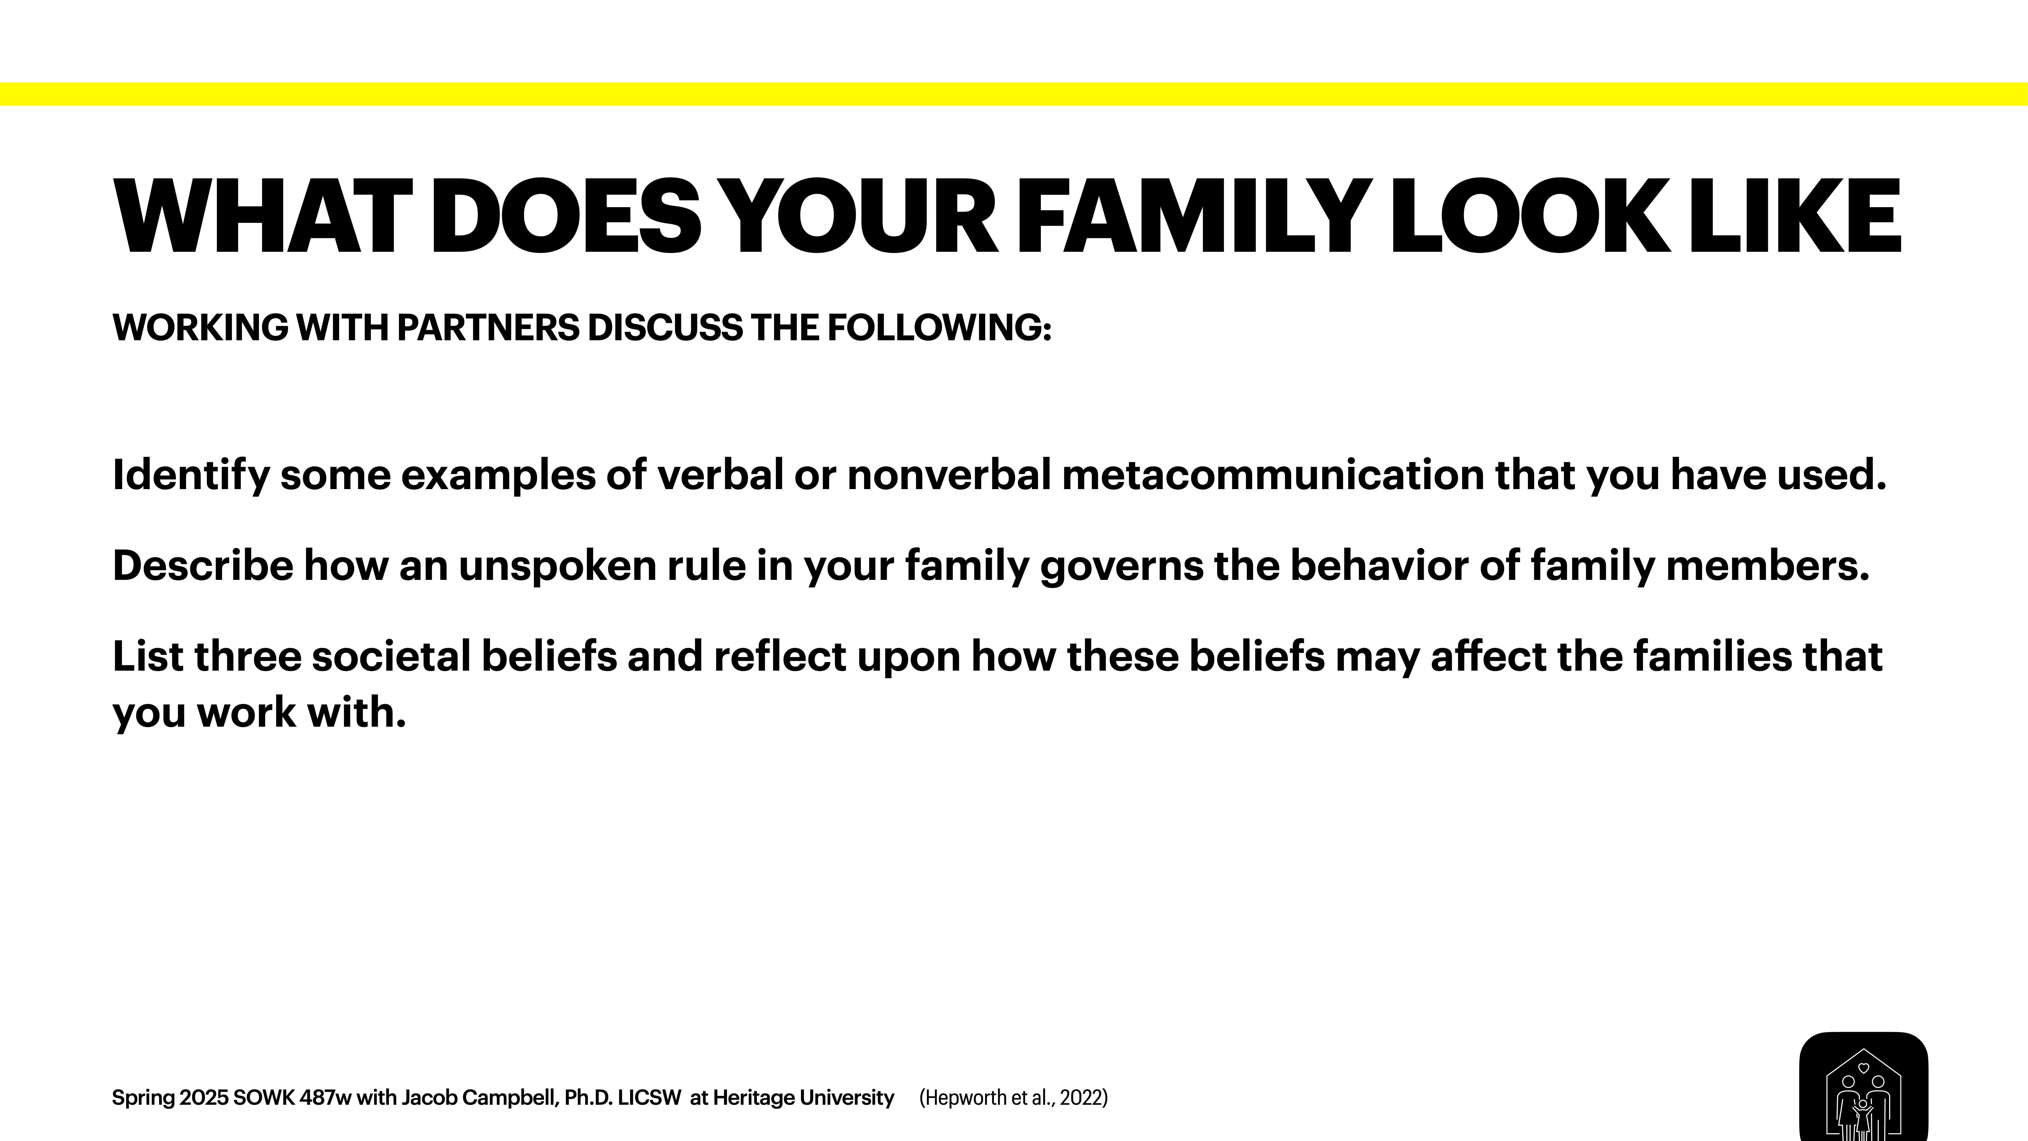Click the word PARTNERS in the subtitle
(x=488, y=328)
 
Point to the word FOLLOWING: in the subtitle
(x=938, y=328)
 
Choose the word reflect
(x=779, y=657)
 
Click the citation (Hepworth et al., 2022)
(x=1013, y=1098)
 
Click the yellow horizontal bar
(x=1014, y=94)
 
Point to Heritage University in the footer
(x=803, y=1098)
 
